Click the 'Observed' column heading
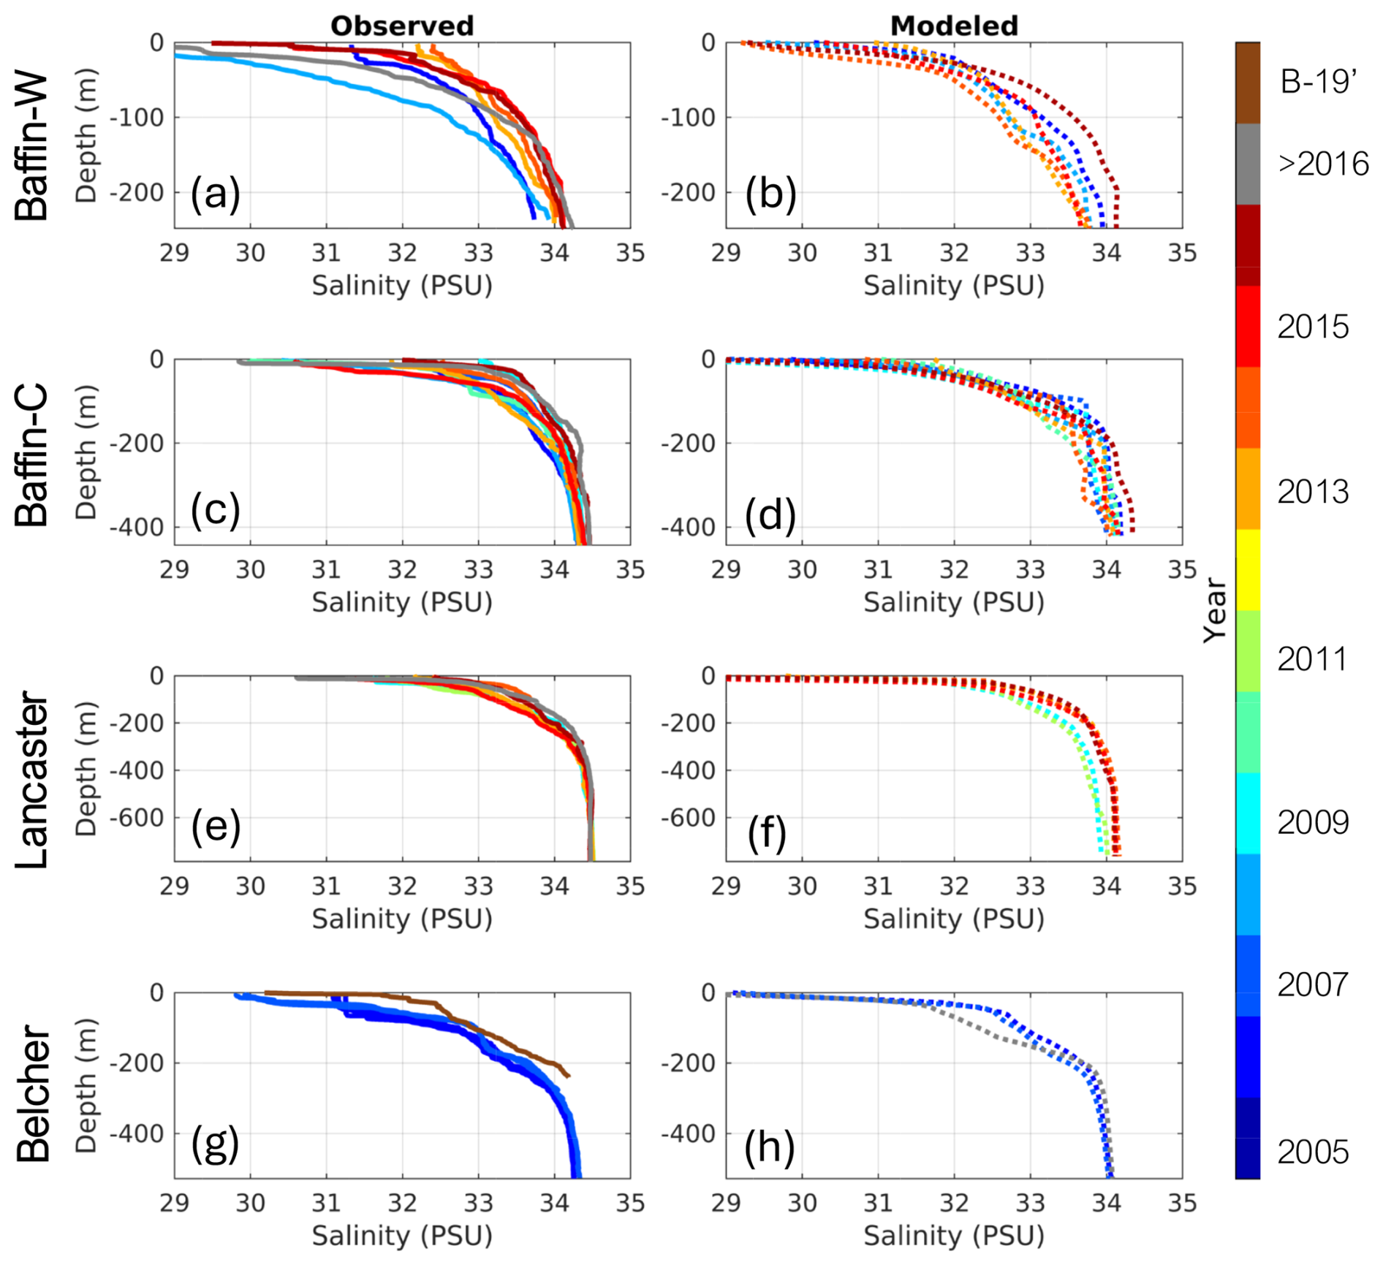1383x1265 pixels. pyautogui.click(x=402, y=26)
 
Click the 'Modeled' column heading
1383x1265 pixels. pyautogui.click(x=954, y=26)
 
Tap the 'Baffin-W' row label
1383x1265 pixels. pyautogui.click(x=32, y=146)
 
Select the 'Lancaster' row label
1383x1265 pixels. pyautogui.click(x=32, y=780)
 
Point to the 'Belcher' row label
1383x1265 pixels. pyautogui.click(x=32, y=1094)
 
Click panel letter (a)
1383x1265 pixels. pyautogui.click(x=215, y=194)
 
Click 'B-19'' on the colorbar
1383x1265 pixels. pyautogui.click(x=1319, y=82)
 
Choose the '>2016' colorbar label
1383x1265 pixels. pyautogui.click(x=1323, y=164)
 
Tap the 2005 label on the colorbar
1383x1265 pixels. pyautogui.click(x=1313, y=1152)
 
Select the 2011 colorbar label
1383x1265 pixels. pyautogui.click(x=1313, y=658)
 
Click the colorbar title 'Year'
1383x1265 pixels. pyautogui.click(x=1215, y=610)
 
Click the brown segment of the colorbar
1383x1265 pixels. pyautogui.click(x=1248, y=83)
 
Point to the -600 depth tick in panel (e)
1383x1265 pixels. pyautogui.click(x=137, y=818)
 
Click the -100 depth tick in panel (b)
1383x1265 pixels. pyautogui.click(x=688, y=118)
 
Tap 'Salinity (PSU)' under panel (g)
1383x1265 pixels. pyautogui.click(x=402, y=1235)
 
